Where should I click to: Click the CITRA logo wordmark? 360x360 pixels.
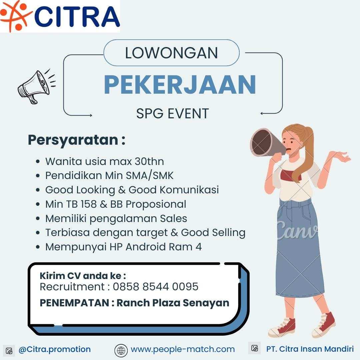click(77, 17)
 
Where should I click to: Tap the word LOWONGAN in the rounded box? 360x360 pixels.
click(171, 53)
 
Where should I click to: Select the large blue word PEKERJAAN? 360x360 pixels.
click(180, 84)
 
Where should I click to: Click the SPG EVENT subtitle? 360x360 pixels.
click(172, 113)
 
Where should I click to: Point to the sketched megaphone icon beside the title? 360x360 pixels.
click(36, 86)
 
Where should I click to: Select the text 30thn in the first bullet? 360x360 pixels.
click(149, 161)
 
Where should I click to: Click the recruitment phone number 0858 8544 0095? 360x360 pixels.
click(155, 287)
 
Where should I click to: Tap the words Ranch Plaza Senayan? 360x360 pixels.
click(173, 303)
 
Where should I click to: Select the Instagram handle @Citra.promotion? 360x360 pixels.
click(55, 349)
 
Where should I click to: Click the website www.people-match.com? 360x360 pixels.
click(183, 349)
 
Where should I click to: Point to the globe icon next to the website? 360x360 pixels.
click(121, 351)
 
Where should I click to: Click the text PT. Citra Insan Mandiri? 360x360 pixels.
click(310, 349)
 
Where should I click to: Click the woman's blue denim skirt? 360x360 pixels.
click(299, 248)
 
